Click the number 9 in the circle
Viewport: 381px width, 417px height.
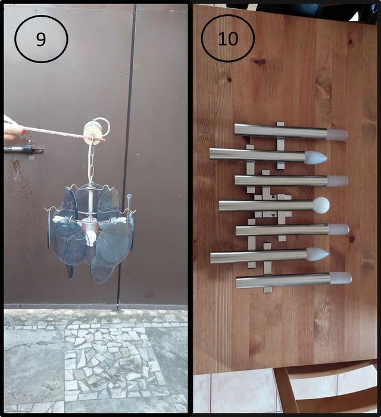(x=40, y=39)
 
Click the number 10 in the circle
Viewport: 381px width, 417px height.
(x=228, y=39)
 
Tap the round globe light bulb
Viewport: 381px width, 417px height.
(x=321, y=205)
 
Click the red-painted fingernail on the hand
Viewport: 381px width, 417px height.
(x=24, y=132)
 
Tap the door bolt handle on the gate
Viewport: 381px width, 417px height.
(x=23, y=149)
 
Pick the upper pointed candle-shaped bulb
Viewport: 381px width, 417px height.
(x=316, y=157)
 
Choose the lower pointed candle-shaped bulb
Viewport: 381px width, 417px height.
(x=318, y=254)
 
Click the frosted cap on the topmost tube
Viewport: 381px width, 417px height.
(x=337, y=134)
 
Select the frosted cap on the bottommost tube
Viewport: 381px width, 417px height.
(x=341, y=278)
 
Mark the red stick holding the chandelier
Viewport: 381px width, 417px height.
(x=64, y=134)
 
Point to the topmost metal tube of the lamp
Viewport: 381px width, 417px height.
(x=281, y=130)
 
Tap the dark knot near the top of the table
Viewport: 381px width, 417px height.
(x=260, y=63)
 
